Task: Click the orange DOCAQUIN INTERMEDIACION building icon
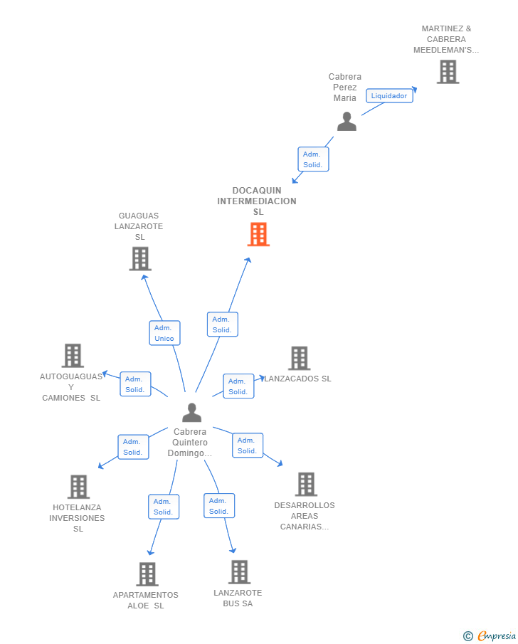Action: point(258,234)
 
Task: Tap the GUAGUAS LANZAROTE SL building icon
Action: point(140,258)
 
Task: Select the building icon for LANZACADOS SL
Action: point(299,358)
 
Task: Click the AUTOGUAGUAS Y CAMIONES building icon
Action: point(73,355)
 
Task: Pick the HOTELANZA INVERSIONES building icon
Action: point(78,487)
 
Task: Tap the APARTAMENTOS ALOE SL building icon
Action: point(147,574)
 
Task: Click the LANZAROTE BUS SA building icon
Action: point(239,571)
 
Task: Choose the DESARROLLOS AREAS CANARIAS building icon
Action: point(306,484)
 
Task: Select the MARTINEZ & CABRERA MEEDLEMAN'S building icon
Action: point(448,72)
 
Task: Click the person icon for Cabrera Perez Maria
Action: point(347,122)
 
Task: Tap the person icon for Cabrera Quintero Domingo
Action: point(191,413)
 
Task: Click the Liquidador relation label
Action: point(389,95)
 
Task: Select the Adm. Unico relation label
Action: point(164,333)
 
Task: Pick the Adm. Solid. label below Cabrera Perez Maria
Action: point(313,159)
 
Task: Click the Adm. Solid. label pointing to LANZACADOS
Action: point(238,386)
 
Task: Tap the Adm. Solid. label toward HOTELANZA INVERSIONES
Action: point(133,447)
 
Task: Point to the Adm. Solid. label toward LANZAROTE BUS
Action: point(218,506)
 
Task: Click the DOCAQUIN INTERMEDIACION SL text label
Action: point(257,201)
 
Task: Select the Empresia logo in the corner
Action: point(490,636)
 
